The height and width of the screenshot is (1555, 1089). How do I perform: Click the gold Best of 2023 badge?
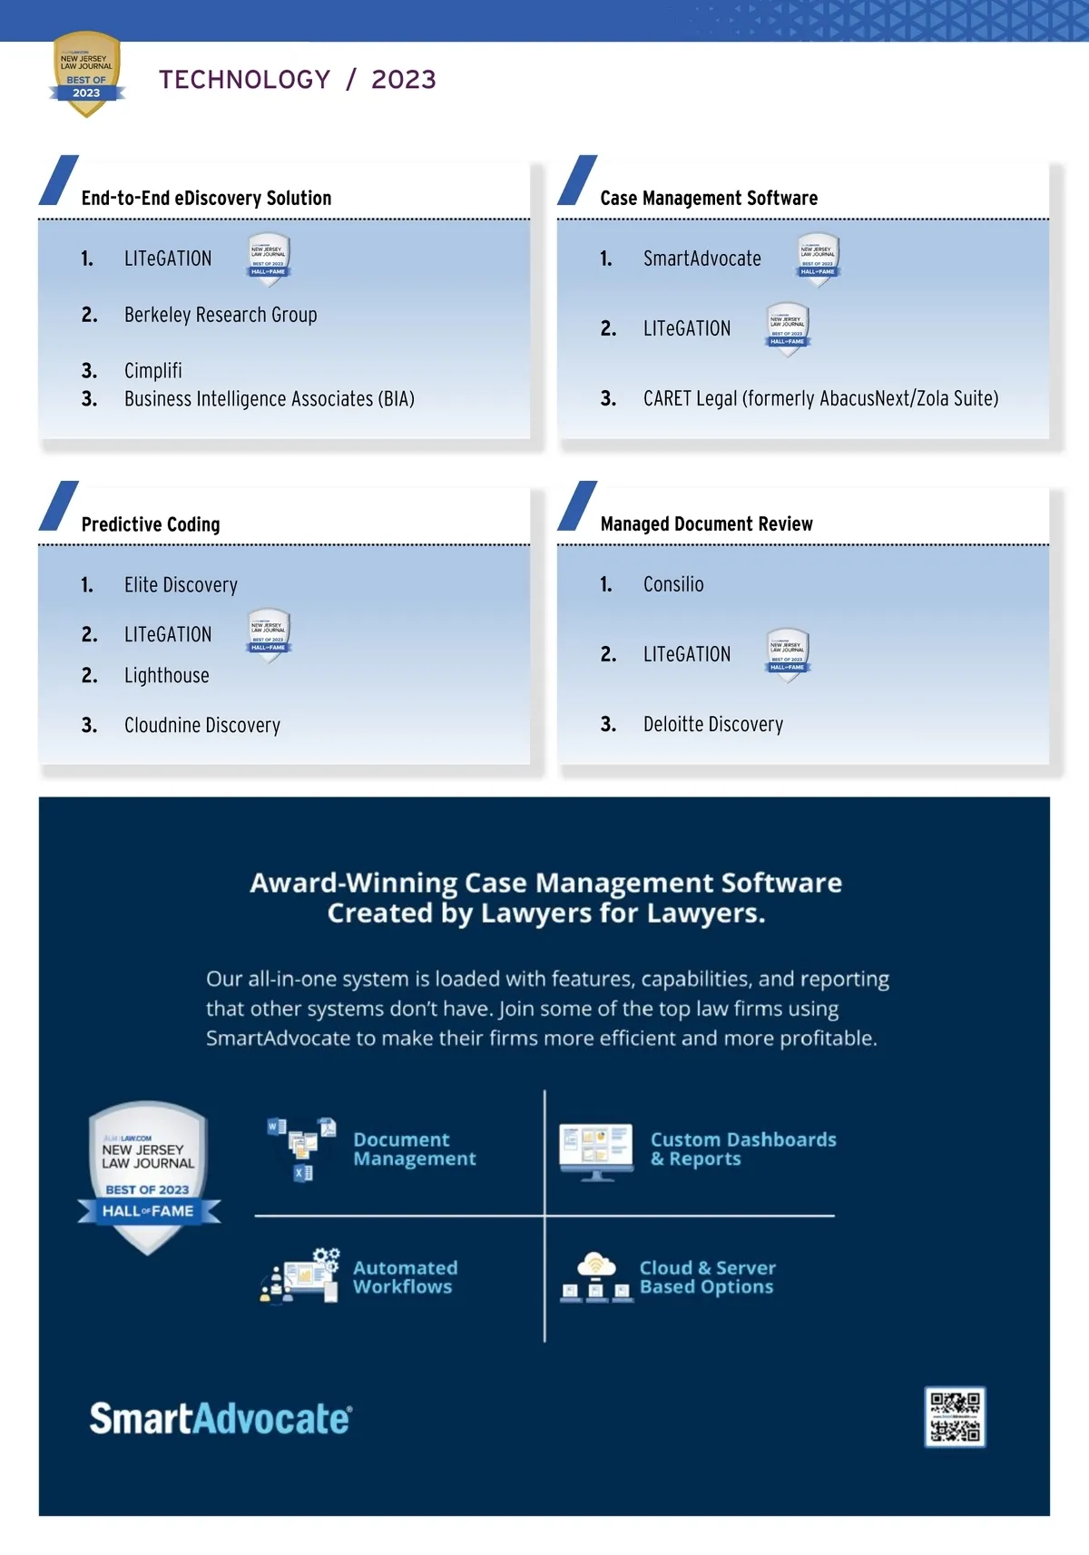pyautogui.click(x=86, y=74)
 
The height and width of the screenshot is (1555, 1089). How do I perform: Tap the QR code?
pyautogui.click(x=955, y=1416)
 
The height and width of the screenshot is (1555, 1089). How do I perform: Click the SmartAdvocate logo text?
pyautogui.click(x=221, y=1419)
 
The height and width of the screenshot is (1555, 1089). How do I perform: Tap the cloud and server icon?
pyautogui.click(x=595, y=1277)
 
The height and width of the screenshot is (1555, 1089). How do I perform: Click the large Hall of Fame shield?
pyautogui.click(x=148, y=1178)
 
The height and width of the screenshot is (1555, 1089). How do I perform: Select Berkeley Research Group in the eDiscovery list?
pyautogui.click(x=221, y=315)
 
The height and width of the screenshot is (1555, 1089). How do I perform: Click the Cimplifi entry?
pyautogui.click(x=153, y=370)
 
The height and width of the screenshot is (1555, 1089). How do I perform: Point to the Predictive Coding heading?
pyautogui.click(x=151, y=524)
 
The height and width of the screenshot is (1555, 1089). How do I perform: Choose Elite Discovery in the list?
pyautogui.click(x=181, y=585)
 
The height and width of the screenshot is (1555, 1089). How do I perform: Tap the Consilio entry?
pyautogui.click(x=673, y=584)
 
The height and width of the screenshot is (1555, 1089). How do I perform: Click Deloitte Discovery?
pyautogui.click(x=713, y=724)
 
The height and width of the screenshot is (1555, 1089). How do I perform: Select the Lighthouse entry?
pyautogui.click(x=167, y=676)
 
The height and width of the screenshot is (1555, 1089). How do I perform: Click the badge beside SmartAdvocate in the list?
pyautogui.click(x=818, y=259)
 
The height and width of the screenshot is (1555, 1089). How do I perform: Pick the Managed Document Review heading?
pyautogui.click(x=706, y=524)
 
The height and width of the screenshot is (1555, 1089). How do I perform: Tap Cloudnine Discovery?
pyautogui.click(x=202, y=725)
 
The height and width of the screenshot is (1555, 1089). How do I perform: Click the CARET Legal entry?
pyautogui.click(x=820, y=398)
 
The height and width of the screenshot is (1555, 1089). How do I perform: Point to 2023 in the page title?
pyautogui.click(x=404, y=80)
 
